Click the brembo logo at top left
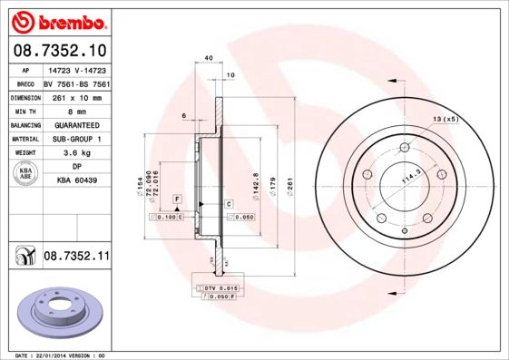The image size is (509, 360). pyautogui.click(x=58, y=20)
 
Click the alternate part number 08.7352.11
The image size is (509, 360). pyautogui.click(x=76, y=258)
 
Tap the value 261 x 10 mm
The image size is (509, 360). pyautogui.click(x=75, y=97)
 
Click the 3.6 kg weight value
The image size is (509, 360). pyautogui.click(x=75, y=153)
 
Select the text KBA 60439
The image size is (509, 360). pyautogui.click(x=75, y=181)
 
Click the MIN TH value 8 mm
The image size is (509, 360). pyautogui.click(x=75, y=111)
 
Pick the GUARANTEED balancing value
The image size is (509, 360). pyautogui.click(x=75, y=125)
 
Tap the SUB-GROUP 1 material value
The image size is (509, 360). pyautogui.click(x=75, y=139)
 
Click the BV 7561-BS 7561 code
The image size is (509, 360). pyautogui.click(x=75, y=83)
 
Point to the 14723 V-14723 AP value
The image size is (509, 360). pyautogui.click(x=75, y=69)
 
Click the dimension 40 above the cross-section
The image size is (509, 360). pyautogui.click(x=209, y=58)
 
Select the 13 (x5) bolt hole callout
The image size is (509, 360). pyautogui.click(x=445, y=119)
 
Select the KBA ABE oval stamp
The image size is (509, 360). pyautogui.click(x=26, y=174)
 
